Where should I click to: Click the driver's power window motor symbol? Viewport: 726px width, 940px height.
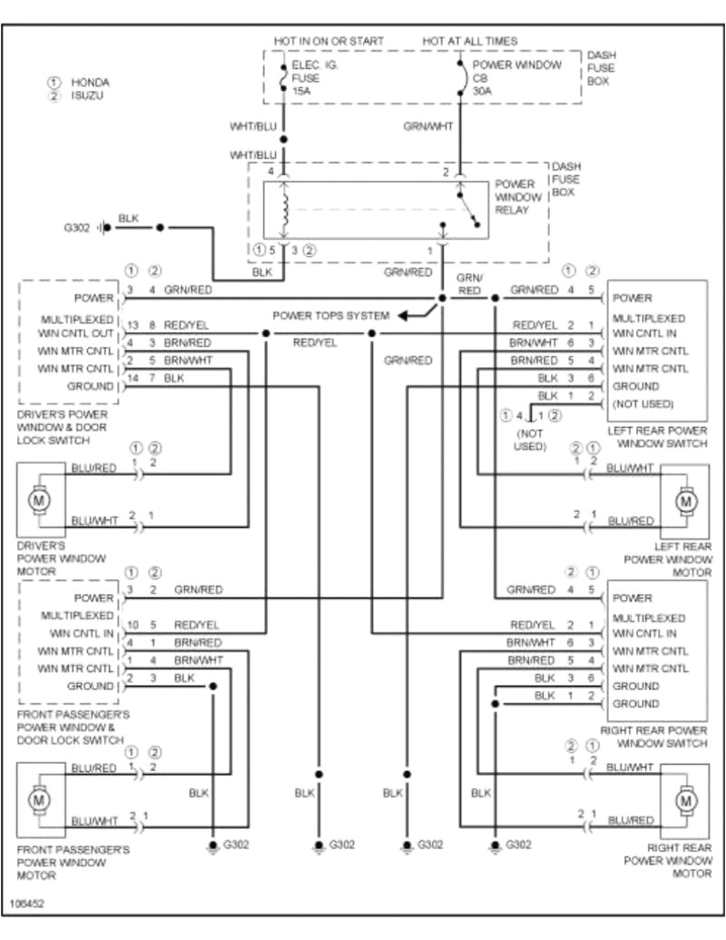[x=39, y=499]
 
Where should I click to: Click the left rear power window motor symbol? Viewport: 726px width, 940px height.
[x=686, y=500]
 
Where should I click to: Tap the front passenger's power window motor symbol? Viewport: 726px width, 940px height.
[x=39, y=800]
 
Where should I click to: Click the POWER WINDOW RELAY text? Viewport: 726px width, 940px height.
[x=518, y=197]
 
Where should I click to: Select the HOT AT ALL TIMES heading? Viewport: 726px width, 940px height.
[x=470, y=42]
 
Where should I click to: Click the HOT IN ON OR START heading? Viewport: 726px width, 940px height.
[x=329, y=42]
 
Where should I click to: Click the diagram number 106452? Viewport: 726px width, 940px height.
[x=28, y=905]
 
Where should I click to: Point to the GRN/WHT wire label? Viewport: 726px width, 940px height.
[x=427, y=126]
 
